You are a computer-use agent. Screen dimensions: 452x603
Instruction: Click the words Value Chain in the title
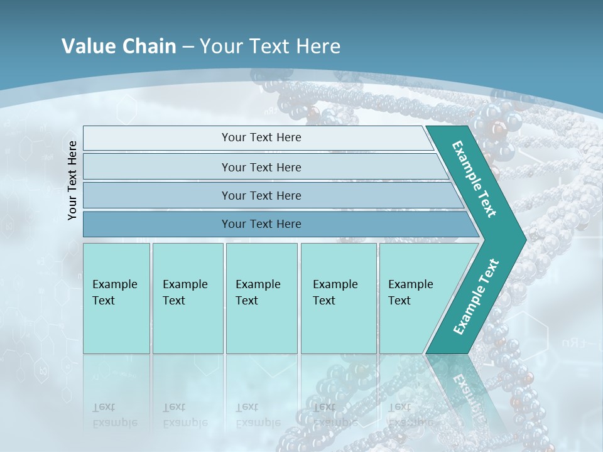coord(119,46)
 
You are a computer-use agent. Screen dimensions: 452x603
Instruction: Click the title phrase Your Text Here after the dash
coord(270,46)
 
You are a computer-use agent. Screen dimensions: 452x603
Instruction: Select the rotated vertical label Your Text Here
coord(73,180)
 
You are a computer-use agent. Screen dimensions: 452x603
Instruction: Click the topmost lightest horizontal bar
coord(157,138)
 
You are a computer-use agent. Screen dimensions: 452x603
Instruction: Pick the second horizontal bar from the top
coord(157,167)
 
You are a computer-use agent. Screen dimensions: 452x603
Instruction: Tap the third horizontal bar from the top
coord(157,195)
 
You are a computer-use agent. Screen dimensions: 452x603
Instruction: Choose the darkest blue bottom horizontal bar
coord(157,224)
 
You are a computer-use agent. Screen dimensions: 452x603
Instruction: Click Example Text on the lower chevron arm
coord(475,297)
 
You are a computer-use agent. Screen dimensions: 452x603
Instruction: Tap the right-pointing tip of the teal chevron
coord(523,239)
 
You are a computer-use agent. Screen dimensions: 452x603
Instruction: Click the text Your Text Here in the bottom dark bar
coord(261,224)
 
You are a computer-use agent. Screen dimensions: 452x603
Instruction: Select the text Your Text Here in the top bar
coord(261,137)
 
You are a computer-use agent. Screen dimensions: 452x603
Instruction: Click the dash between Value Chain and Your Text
coord(188,46)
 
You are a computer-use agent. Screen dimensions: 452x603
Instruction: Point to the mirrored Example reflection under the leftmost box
coord(114,422)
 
